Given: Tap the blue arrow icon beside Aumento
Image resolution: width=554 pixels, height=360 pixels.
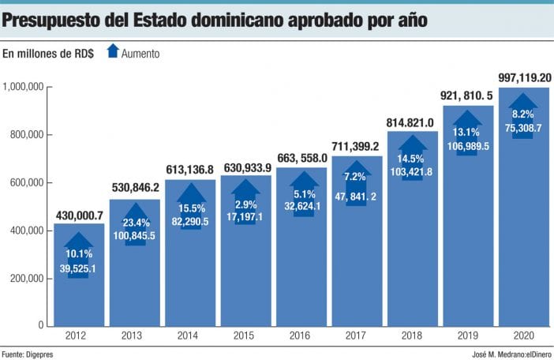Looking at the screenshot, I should (112, 52).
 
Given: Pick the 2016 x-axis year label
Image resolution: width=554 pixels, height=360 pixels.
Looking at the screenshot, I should (301, 336).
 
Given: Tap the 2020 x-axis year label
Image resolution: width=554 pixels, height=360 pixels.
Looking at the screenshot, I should (524, 336).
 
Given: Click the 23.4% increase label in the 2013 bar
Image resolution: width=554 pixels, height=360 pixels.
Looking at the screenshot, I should (135, 223).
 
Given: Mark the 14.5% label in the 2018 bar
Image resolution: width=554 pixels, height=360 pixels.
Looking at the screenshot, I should (413, 159).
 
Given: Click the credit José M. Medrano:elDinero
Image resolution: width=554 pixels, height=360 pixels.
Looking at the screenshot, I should (507, 354).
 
